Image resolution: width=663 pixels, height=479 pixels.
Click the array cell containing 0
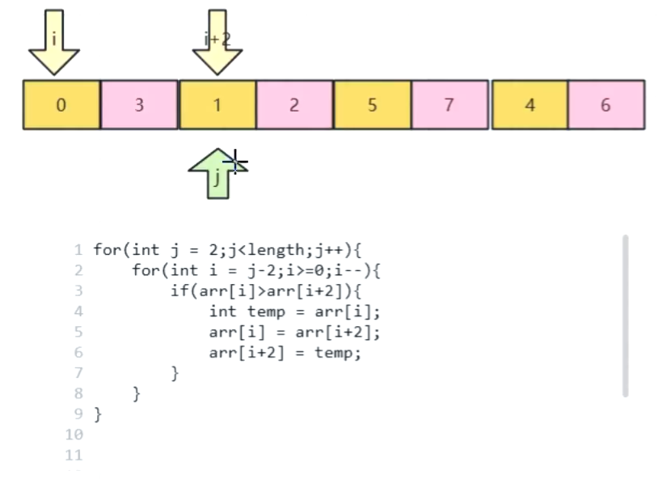pos(61,104)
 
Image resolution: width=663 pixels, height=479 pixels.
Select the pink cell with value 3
pos(139,104)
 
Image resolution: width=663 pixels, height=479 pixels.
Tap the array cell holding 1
pos(217,104)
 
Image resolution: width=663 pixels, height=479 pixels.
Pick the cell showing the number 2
pos(294,104)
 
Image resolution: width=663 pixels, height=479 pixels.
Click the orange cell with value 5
pos(372,104)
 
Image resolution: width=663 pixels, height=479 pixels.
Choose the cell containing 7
pos(450,104)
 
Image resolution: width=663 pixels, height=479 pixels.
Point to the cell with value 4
pos(530,104)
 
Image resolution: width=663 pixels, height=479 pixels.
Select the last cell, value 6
pos(606,104)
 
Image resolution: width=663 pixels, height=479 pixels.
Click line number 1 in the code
pos(79,250)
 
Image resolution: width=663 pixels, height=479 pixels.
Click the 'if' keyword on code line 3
pos(178,291)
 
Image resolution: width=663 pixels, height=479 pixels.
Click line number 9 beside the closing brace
pos(79,414)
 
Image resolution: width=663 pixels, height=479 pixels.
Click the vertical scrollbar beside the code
pos(626,316)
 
